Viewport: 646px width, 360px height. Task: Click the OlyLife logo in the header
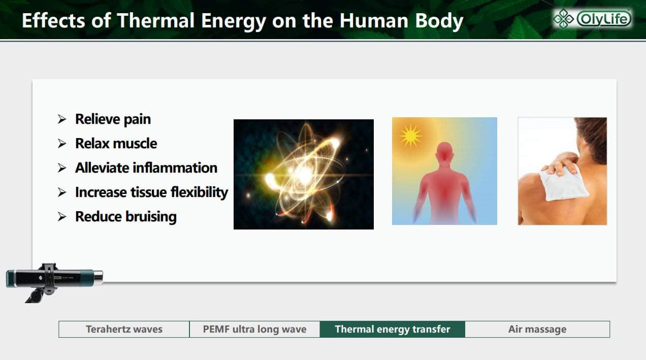point(592,19)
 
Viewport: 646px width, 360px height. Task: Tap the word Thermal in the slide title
point(156,20)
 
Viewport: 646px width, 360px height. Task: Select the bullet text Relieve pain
point(113,119)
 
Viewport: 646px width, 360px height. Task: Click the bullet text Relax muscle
point(116,144)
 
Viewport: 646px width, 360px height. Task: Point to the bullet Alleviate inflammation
point(146,168)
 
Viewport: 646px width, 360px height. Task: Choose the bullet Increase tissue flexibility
point(151,192)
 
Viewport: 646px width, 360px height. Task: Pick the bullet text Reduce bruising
point(126,217)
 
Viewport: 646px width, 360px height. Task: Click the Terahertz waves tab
point(124,329)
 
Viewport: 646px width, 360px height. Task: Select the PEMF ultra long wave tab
point(254,329)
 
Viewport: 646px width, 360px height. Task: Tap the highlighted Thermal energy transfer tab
point(393,329)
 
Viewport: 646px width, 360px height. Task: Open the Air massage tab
point(537,329)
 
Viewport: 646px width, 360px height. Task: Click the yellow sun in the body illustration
point(410,136)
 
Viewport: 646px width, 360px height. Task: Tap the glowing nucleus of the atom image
point(305,174)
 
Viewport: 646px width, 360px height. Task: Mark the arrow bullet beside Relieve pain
point(62,119)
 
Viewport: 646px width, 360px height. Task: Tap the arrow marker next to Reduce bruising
point(62,217)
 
